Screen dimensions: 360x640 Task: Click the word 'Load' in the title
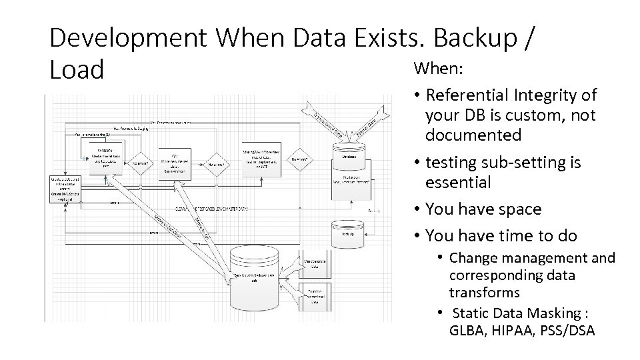pyautogui.click(x=77, y=69)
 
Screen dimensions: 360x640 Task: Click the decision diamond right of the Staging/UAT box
pyautogui.click(x=301, y=159)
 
